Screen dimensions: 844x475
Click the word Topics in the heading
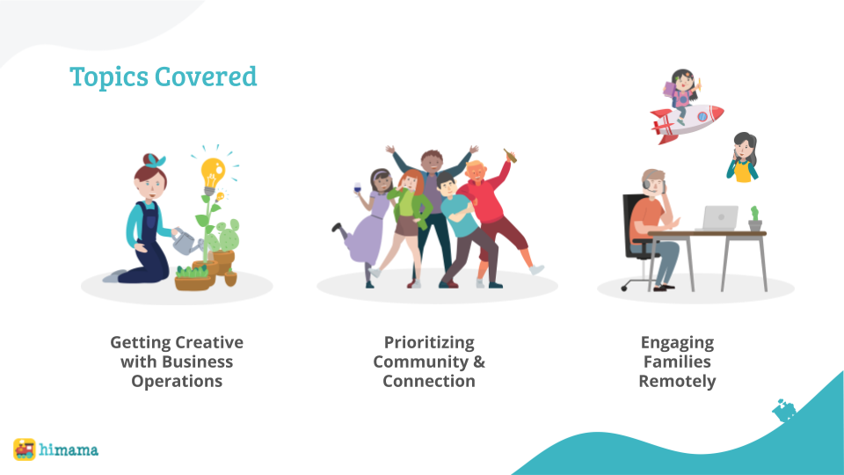pyautogui.click(x=109, y=77)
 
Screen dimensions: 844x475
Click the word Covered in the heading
pyautogui.click(x=206, y=76)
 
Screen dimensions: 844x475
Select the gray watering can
pyautogui.click(x=186, y=242)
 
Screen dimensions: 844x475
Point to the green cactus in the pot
pyautogui.click(x=225, y=236)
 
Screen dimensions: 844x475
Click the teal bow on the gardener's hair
pyautogui.click(x=156, y=160)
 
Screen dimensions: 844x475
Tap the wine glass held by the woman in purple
pyautogui.click(x=358, y=190)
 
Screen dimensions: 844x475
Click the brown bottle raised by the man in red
pyautogui.click(x=510, y=156)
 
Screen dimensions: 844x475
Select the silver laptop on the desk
pyautogui.click(x=717, y=218)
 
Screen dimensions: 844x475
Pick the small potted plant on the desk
pyautogui.click(x=754, y=219)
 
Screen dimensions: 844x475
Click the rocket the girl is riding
pyautogui.click(x=687, y=122)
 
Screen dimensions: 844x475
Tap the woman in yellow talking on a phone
pyautogui.click(x=743, y=157)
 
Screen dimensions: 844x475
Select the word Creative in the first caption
pyautogui.click(x=210, y=342)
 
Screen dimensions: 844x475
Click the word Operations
pyautogui.click(x=177, y=381)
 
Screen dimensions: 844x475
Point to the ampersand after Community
pyautogui.click(x=479, y=362)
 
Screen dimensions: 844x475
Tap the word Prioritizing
pyautogui.click(x=429, y=342)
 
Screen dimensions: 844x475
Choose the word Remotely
pyautogui.click(x=677, y=381)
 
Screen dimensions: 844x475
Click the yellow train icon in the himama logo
pyautogui.click(x=25, y=449)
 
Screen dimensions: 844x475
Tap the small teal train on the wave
pyautogui.click(x=784, y=410)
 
